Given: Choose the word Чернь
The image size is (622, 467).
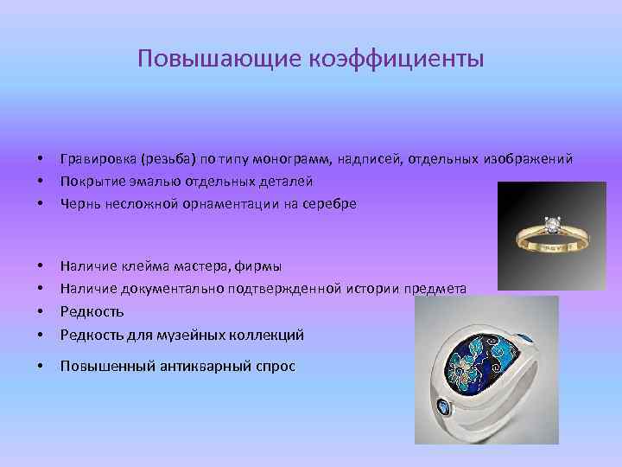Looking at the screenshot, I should [x=79, y=204].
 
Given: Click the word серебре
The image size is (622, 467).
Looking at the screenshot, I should [x=325, y=204].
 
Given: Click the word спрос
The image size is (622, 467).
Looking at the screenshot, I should [x=275, y=367].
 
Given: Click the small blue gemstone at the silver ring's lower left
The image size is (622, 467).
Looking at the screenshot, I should [x=443, y=408].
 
